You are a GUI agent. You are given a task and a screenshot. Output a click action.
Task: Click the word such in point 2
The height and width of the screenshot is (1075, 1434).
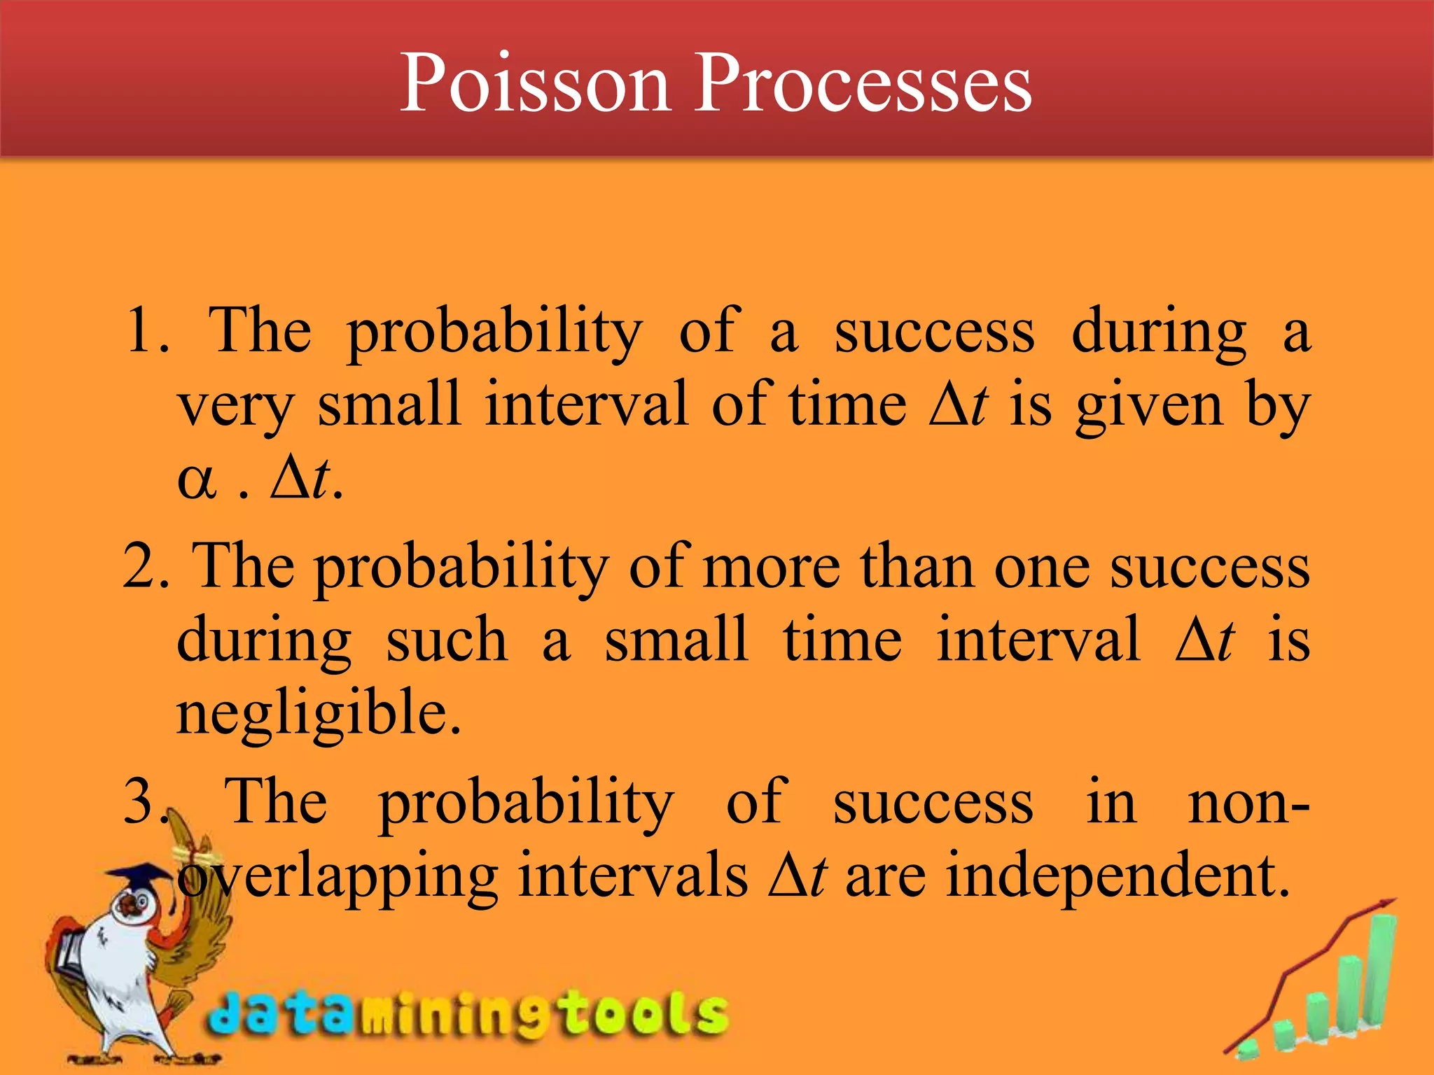tap(447, 641)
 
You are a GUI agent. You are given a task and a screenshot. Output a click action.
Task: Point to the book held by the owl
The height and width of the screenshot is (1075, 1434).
tap(70, 952)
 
